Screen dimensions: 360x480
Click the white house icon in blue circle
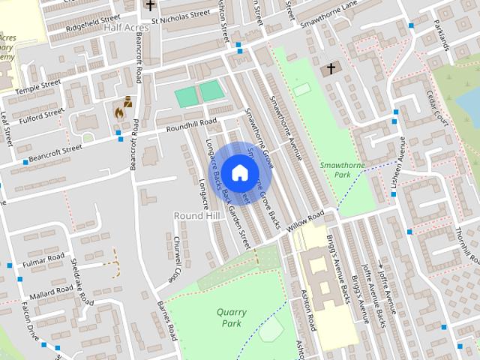coord(239,172)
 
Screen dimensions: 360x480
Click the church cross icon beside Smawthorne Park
coord(330,70)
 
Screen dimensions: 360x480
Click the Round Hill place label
coord(197,215)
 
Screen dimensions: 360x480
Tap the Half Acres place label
coord(124,27)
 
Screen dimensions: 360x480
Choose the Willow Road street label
coord(305,223)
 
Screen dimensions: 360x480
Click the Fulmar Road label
coord(44,259)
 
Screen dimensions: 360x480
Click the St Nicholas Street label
coord(180,13)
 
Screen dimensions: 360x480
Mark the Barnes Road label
coord(166,320)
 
